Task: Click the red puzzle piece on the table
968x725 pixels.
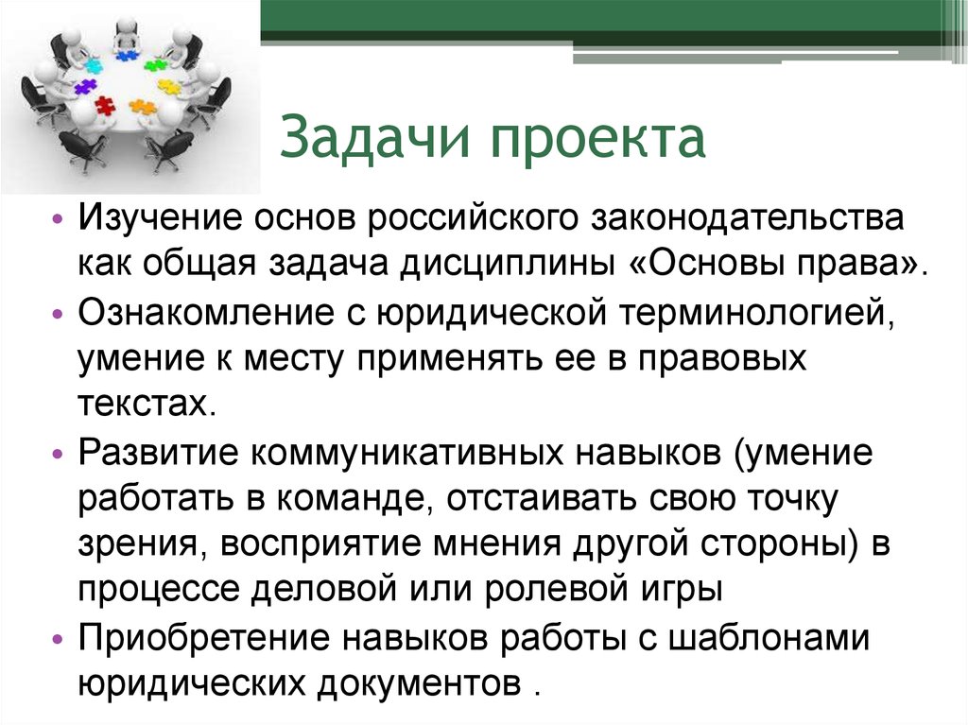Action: pyautogui.click(x=105, y=106)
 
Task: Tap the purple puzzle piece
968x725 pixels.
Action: pyautogui.click(x=86, y=87)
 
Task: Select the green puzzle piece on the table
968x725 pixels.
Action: pyautogui.click(x=155, y=65)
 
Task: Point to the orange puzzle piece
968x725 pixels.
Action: pyautogui.click(x=143, y=107)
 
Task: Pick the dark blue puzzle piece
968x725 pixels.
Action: pyautogui.click(x=127, y=56)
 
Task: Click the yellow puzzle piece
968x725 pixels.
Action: pyautogui.click(x=169, y=87)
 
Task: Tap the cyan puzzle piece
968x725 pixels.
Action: pyautogui.click(x=94, y=66)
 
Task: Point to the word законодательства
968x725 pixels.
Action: pyautogui.click(x=747, y=219)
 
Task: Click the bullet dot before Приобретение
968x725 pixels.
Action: pyautogui.click(x=59, y=639)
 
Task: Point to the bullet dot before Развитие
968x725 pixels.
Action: pyautogui.click(x=59, y=454)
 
